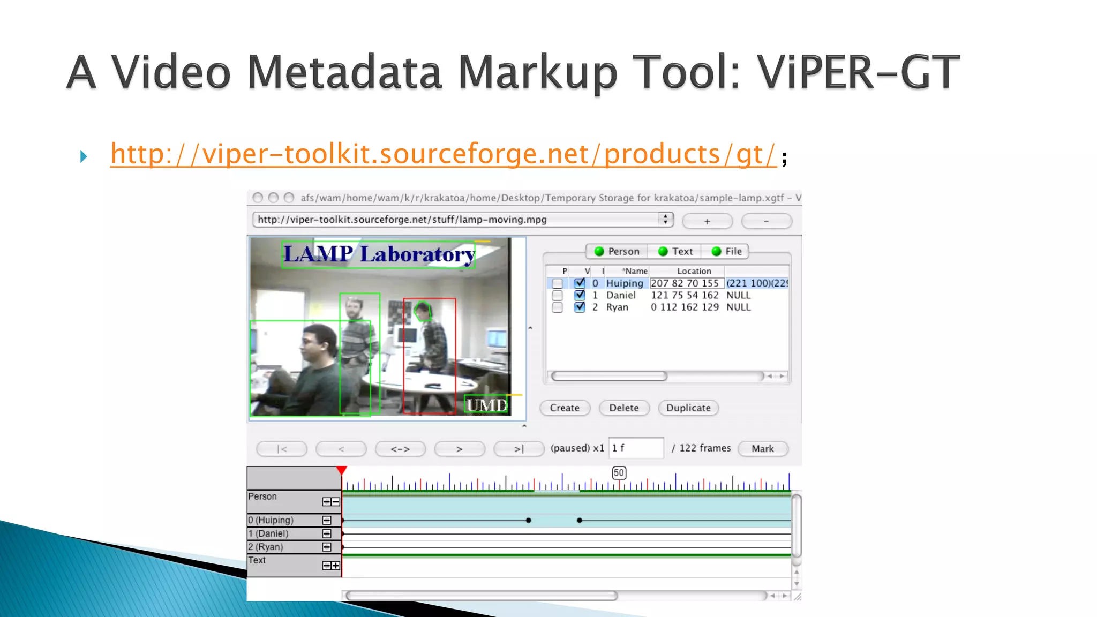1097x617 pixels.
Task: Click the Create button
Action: pyautogui.click(x=565, y=408)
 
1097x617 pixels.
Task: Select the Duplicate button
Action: pyautogui.click(x=688, y=408)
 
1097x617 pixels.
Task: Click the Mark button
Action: pyautogui.click(x=762, y=449)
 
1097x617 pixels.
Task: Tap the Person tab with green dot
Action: pyautogui.click(x=617, y=251)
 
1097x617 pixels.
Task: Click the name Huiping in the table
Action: pyautogui.click(x=624, y=283)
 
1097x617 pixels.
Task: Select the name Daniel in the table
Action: pyautogui.click(x=621, y=295)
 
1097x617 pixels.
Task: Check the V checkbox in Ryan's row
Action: pyautogui.click(x=580, y=307)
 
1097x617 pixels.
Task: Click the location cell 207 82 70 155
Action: pyautogui.click(x=685, y=283)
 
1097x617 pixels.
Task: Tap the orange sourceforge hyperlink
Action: pyautogui.click(x=443, y=155)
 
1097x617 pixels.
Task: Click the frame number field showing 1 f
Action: pyautogui.click(x=636, y=448)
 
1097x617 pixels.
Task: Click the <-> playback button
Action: pyautogui.click(x=400, y=449)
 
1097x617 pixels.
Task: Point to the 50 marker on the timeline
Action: pyautogui.click(x=619, y=473)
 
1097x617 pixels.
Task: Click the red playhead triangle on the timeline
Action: pyautogui.click(x=342, y=471)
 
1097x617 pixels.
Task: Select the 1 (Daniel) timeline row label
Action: pyautogui.click(x=268, y=533)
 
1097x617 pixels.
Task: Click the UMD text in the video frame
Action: pyautogui.click(x=486, y=405)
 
